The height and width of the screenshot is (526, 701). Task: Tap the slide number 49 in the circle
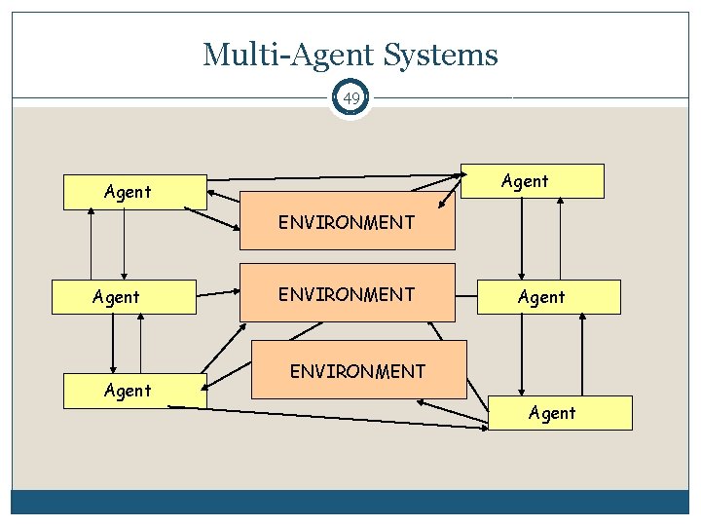coord(350,98)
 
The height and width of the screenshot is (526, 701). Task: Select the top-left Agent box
coord(134,192)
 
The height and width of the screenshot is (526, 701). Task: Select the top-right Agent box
coord(532,181)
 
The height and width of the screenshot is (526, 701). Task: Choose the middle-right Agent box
coord(548,297)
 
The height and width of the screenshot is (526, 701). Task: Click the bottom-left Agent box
coord(134,390)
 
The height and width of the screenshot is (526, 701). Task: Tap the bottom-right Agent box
coord(559,413)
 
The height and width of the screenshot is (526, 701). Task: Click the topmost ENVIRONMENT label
coord(347,223)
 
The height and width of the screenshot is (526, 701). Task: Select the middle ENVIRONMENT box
coord(347,292)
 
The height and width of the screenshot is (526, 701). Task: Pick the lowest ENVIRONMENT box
coord(358,370)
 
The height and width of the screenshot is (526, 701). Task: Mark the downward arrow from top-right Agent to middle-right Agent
coord(522,239)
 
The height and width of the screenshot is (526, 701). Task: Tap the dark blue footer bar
coord(350,502)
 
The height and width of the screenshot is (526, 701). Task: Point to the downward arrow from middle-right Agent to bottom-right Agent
coord(522,355)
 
